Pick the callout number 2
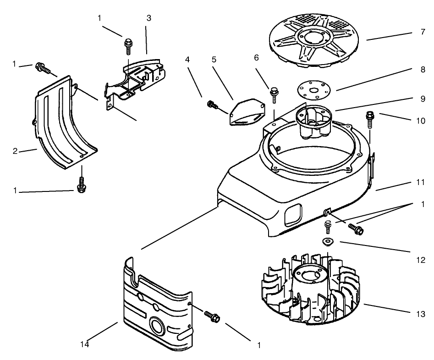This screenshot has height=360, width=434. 15,151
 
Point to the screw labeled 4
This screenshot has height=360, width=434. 212,105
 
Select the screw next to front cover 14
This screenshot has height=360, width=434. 213,316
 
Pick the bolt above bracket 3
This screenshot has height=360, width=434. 128,45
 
